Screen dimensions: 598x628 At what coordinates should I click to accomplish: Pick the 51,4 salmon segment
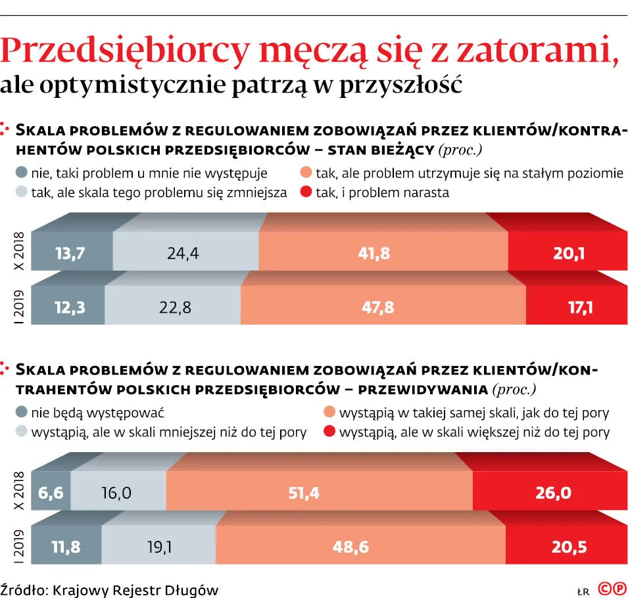(x=304, y=492)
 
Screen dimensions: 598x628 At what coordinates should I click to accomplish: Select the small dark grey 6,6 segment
(x=51, y=492)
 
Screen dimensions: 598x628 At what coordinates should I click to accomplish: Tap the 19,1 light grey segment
(x=158, y=546)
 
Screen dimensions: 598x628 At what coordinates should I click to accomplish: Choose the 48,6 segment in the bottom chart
(x=352, y=546)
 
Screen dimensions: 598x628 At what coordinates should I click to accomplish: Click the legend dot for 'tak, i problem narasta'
(x=305, y=193)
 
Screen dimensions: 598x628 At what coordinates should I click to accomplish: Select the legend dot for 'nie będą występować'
(x=21, y=413)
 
